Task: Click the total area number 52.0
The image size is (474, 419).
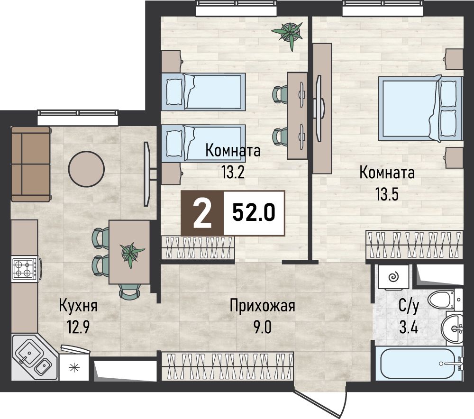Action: (x=254, y=213)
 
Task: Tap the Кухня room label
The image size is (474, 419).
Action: (x=78, y=306)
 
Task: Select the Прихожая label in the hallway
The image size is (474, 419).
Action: (x=262, y=306)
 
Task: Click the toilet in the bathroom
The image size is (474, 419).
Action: (x=442, y=300)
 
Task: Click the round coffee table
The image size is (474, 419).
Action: (x=86, y=169)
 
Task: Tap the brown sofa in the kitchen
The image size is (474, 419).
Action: (x=30, y=164)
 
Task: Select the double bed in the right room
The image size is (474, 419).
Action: (x=421, y=109)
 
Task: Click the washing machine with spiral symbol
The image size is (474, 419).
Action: (x=392, y=277)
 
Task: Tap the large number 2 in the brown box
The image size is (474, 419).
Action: (x=202, y=213)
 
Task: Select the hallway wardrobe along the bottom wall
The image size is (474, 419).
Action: (x=228, y=366)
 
